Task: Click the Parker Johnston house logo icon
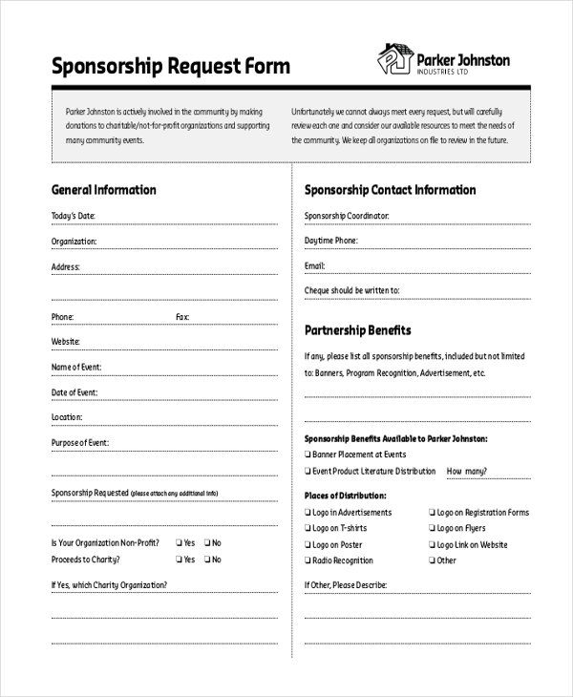pos(394,58)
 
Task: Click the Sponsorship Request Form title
pos(170,67)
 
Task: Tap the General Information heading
pos(103,190)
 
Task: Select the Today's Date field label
pos(73,216)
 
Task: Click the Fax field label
pos(182,317)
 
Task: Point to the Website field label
pos(65,342)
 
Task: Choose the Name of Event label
pos(75,367)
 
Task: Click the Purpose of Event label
pos(79,443)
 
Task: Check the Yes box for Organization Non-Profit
pos(178,542)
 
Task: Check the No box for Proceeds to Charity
pos(205,560)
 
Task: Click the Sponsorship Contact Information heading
pos(390,190)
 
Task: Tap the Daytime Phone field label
pos(331,241)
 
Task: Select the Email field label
pos(315,265)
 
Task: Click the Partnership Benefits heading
pos(357,330)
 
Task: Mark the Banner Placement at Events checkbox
pos(308,454)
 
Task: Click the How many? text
pos(467,471)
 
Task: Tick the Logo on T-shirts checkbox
pos(308,528)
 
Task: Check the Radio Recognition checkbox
pos(308,560)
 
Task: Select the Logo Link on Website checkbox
pos(432,544)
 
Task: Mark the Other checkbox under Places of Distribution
pos(432,560)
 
